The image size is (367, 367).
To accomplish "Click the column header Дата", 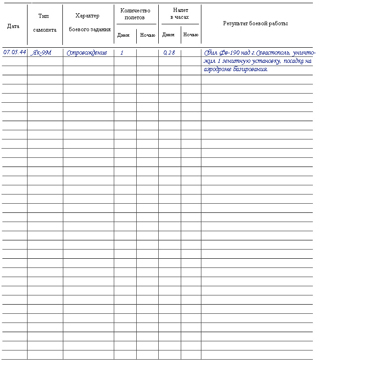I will point(13,26).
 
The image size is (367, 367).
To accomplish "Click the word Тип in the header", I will point(44,17).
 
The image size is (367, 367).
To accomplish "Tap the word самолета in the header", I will point(44,30).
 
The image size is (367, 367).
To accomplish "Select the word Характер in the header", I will point(87,16).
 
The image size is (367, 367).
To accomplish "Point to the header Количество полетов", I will point(135,14).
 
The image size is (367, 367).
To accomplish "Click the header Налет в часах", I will point(180,13).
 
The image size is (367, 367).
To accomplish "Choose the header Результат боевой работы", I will point(256,23).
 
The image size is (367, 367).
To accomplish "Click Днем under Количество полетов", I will point(123,35).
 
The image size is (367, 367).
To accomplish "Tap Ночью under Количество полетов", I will point(147,35).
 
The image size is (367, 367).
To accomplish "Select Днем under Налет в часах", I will point(168,35).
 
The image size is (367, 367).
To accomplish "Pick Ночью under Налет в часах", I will point(190,35).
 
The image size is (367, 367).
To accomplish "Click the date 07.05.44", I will point(15,52).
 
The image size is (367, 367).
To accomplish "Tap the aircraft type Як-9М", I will point(41,53).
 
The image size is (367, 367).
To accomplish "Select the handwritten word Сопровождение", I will point(87,53).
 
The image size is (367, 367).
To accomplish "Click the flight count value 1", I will point(122,53).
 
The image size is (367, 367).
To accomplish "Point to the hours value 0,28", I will point(169,53).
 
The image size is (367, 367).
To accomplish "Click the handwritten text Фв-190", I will point(229,53).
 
